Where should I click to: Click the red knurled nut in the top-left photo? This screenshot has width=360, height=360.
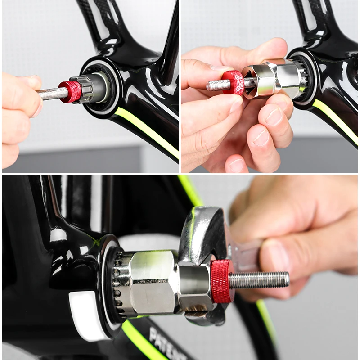click(70, 91)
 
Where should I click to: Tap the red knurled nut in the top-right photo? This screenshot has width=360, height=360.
click(234, 82)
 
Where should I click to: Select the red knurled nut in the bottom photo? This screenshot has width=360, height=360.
click(222, 280)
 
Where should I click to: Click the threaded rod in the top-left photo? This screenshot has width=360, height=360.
click(51, 93)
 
